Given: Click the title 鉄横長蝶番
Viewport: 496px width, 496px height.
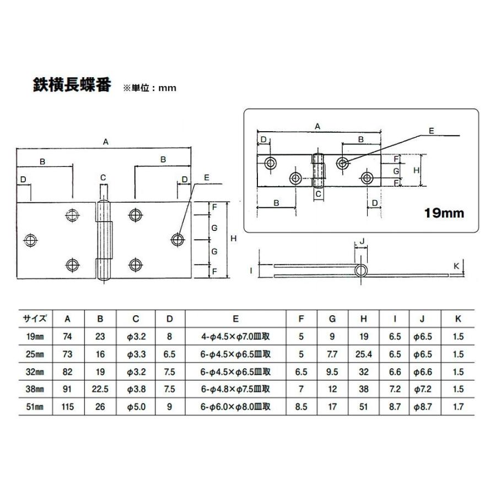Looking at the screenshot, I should pyautogui.click(x=72, y=85).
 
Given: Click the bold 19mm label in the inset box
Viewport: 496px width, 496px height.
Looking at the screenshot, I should pyautogui.click(x=443, y=212).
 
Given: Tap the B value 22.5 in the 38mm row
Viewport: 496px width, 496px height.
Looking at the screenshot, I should pyautogui.click(x=100, y=390).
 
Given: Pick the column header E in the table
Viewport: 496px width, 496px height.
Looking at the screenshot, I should pyautogui.click(x=235, y=319).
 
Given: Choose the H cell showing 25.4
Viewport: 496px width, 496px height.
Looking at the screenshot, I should pyautogui.click(x=364, y=354).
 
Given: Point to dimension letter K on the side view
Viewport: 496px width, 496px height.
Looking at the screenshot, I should pyautogui.click(x=456, y=266).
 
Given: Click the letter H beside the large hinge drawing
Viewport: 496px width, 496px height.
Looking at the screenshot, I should pyautogui.click(x=233, y=238).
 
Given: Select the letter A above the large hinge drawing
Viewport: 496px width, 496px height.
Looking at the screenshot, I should pyautogui.click(x=105, y=142).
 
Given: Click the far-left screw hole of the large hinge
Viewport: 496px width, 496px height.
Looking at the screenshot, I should pyautogui.click(x=31, y=239).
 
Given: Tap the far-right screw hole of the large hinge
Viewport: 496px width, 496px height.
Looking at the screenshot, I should pyautogui.click(x=177, y=239).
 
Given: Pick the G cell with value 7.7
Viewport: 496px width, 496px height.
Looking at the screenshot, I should pyautogui.click(x=332, y=354).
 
